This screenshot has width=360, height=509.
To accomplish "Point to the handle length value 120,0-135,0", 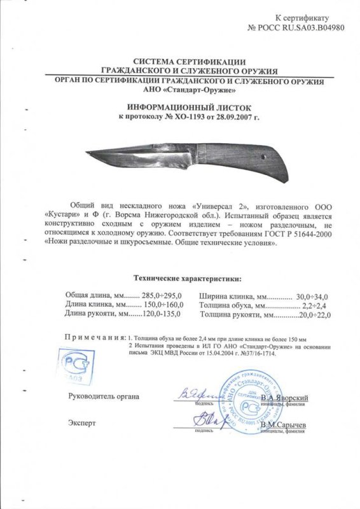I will pyautogui.click(x=158, y=314).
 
